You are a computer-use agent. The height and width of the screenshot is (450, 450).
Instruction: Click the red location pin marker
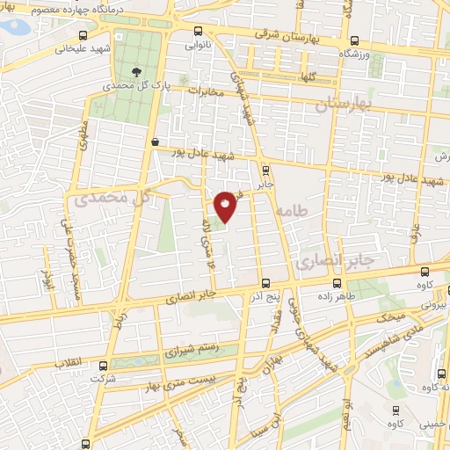tap(226, 207)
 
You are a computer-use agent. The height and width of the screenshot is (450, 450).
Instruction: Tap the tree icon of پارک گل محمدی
tap(134, 72)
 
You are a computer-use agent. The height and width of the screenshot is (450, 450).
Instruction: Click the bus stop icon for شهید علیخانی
tap(83, 35)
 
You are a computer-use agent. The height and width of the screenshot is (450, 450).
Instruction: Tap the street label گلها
tap(306, 77)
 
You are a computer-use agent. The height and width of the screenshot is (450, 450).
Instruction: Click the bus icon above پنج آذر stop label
tap(266, 283)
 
